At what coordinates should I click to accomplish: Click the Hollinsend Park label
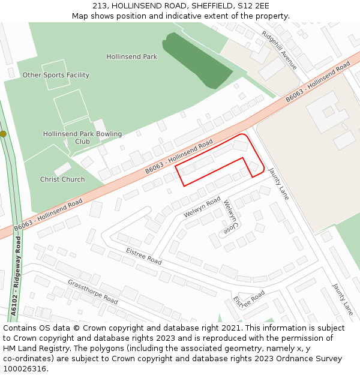132,57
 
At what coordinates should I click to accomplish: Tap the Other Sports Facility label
56,75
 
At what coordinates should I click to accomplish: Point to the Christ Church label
62,179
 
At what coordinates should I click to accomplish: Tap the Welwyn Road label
202,208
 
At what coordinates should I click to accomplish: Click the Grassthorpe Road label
92,291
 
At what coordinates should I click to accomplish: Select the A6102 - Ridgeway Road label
16,276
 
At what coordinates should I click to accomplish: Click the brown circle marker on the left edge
3,134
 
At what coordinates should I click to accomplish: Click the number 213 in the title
100,5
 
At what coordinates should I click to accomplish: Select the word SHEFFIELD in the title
212,5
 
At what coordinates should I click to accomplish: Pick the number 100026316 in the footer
23,369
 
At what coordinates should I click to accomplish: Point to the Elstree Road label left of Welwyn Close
144,256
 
